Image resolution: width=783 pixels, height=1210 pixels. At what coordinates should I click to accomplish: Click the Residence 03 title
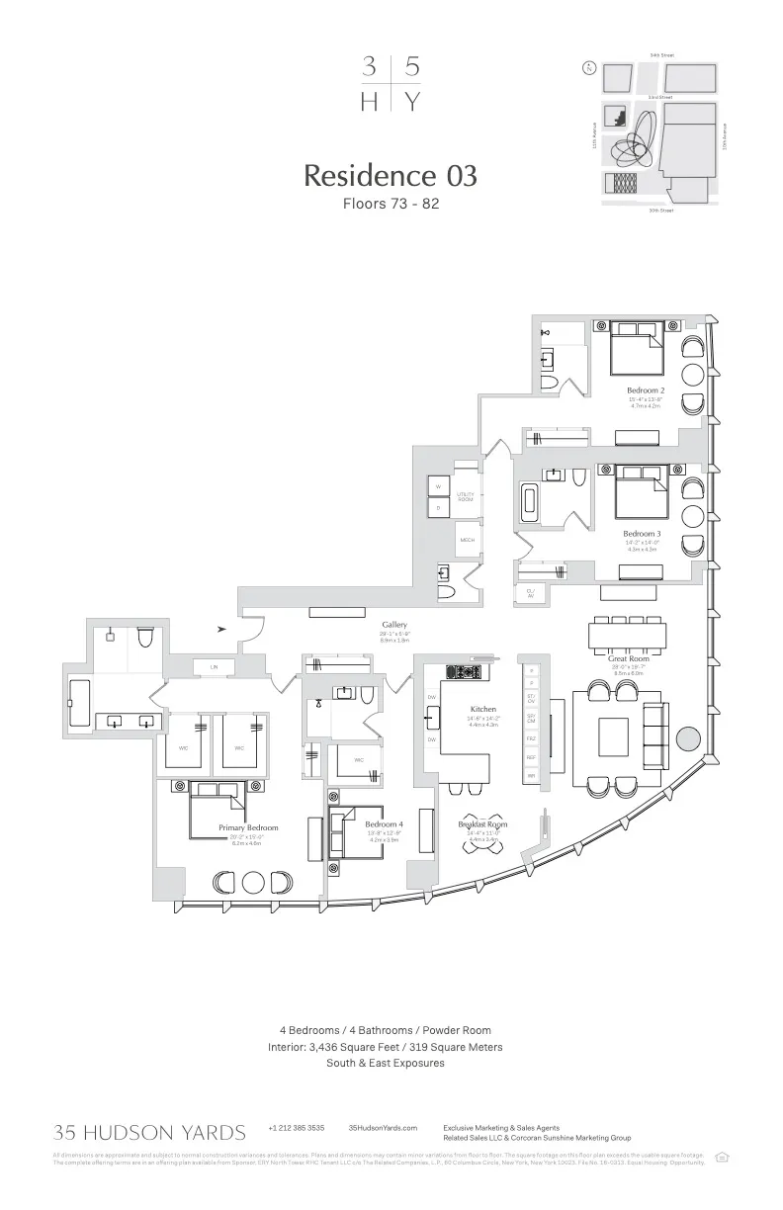pyautogui.click(x=391, y=175)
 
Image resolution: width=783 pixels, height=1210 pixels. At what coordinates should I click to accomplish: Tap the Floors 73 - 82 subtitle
pyautogui.click(x=391, y=205)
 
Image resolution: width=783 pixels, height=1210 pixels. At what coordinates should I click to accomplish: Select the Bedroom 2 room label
pyautogui.click(x=645, y=390)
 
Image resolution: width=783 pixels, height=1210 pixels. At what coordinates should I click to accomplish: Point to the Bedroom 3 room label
pyautogui.click(x=642, y=534)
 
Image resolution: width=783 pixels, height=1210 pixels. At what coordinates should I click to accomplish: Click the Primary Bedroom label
pyautogui.click(x=248, y=827)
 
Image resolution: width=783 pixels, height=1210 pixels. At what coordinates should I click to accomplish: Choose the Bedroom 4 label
pyautogui.click(x=384, y=823)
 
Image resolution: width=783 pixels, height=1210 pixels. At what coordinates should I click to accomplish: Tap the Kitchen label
pyautogui.click(x=483, y=709)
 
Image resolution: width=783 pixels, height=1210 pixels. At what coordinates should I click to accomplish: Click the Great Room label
pyautogui.click(x=628, y=658)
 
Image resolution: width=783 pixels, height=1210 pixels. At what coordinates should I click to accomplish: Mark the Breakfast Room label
pyautogui.click(x=483, y=823)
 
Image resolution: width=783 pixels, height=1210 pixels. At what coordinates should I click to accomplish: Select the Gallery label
pyautogui.click(x=394, y=625)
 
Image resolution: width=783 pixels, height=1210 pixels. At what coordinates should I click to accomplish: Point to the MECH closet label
pyautogui.click(x=467, y=541)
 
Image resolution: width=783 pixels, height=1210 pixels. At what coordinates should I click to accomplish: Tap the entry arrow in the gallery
pyautogui.click(x=222, y=628)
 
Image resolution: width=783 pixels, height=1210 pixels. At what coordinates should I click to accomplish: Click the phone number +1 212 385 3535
pyautogui.click(x=296, y=1128)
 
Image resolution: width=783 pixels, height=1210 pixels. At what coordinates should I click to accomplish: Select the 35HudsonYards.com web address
pyautogui.click(x=383, y=1128)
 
